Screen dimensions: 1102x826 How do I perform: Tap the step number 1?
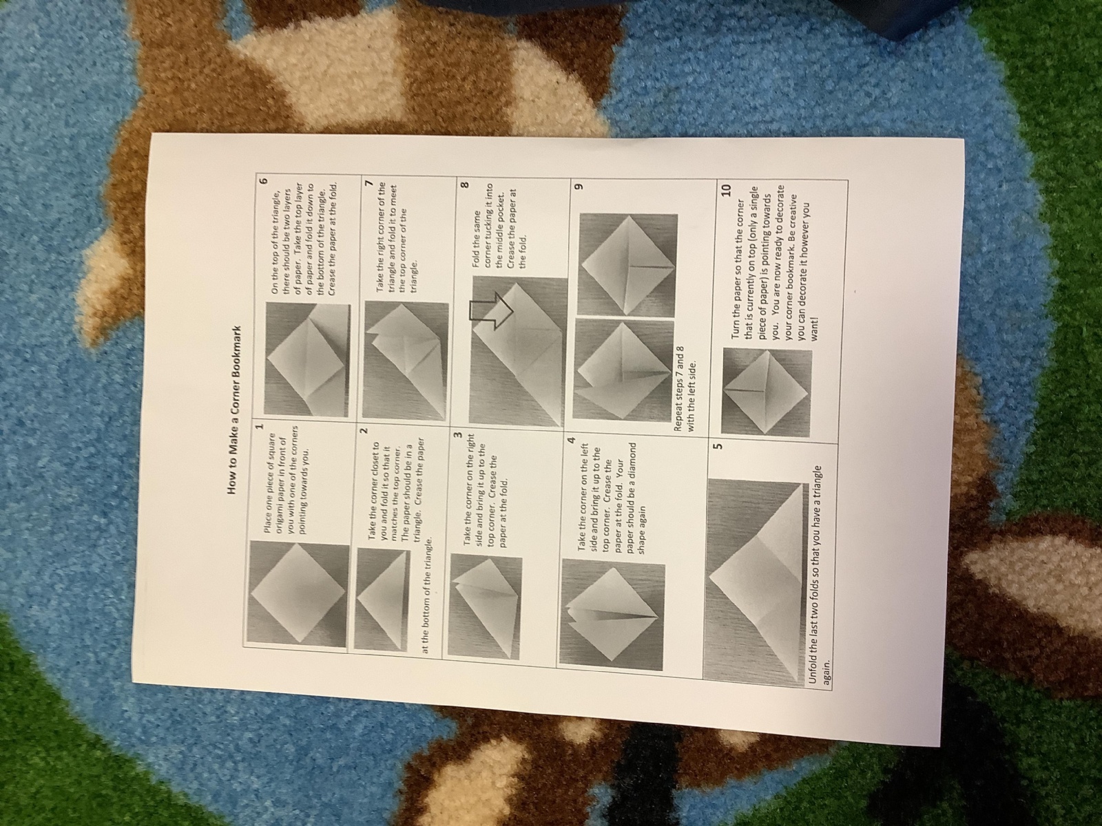click(x=260, y=427)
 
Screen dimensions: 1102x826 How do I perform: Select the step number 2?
click(x=364, y=430)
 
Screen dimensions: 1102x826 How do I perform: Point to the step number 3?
click(x=458, y=435)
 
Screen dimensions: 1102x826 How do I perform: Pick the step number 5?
click(x=717, y=445)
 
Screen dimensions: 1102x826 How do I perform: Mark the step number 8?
click(x=465, y=185)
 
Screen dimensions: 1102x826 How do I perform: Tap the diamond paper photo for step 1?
click(x=299, y=594)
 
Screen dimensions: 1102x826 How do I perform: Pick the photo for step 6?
click(x=306, y=359)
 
